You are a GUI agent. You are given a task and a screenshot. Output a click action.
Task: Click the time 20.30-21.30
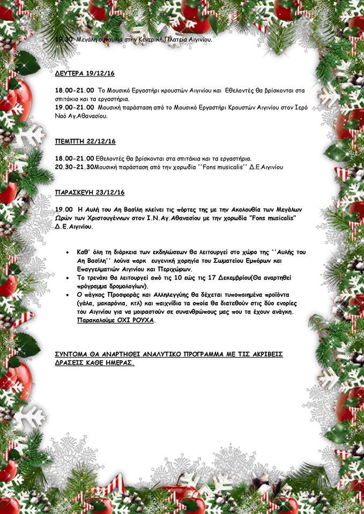75,167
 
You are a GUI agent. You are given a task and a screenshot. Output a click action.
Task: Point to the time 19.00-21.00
75,107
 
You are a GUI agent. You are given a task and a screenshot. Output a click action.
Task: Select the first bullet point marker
66,251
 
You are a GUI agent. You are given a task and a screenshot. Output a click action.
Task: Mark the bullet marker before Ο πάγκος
66,294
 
